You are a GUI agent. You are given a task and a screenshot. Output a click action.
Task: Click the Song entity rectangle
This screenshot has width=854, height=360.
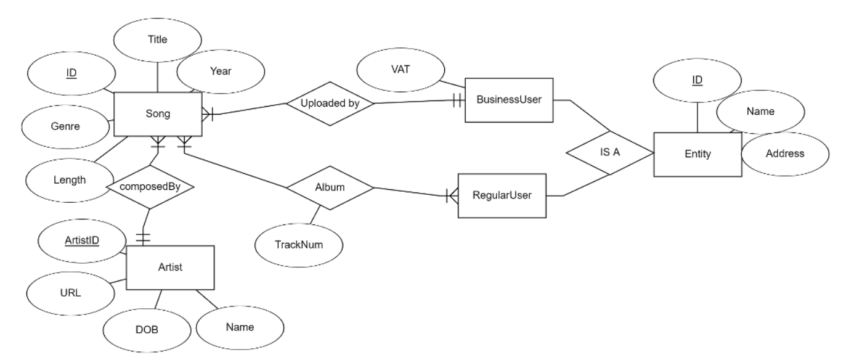[x=157, y=115]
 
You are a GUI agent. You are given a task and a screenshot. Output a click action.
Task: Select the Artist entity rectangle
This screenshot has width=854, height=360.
[x=170, y=268]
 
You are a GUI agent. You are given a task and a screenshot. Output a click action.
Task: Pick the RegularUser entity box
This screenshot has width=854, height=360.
[x=501, y=196]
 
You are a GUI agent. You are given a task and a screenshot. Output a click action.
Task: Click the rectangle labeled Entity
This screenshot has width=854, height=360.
[x=697, y=153]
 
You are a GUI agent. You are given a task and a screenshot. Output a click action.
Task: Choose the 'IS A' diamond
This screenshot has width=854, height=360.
[x=609, y=152]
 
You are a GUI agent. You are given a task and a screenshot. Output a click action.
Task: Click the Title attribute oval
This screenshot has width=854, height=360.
[x=158, y=39]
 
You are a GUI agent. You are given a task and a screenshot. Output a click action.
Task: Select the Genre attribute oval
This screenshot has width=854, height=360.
[x=65, y=127]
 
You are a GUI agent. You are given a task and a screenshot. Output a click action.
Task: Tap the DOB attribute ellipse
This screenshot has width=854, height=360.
[x=147, y=329]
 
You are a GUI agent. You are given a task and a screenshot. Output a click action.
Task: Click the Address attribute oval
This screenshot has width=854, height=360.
[x=784, y=153]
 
